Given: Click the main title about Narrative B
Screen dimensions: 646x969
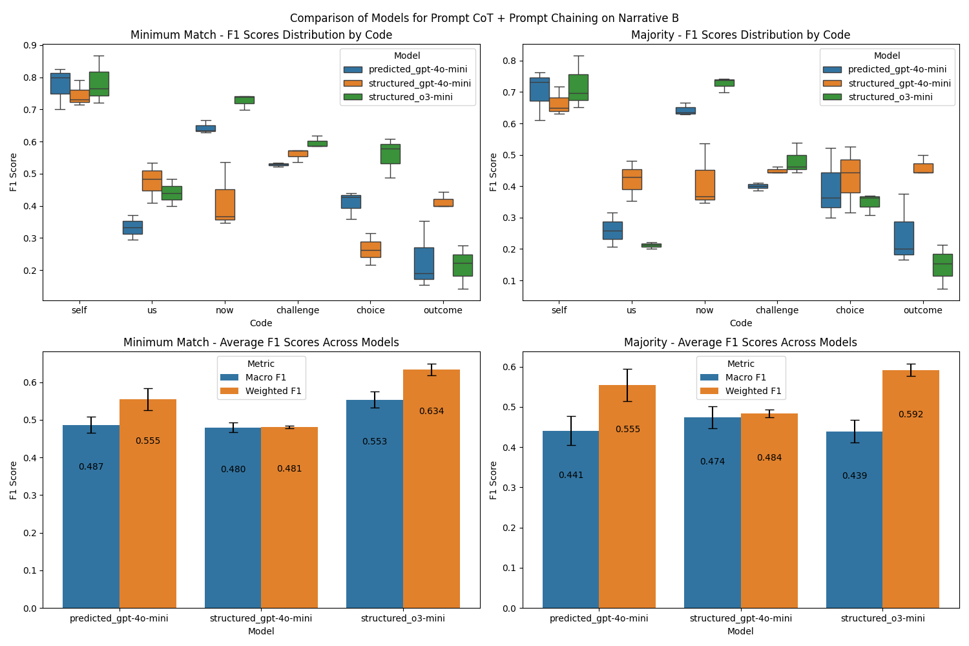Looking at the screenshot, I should coord(484,18).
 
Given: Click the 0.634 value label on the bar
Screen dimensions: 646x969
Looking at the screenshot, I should coord(431,412).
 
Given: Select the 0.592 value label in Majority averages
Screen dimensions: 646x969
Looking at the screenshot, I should coord(911,415).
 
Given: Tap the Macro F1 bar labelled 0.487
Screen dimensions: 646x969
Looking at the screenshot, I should coord(91,517).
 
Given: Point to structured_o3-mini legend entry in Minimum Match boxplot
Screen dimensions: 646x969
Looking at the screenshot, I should coord(410,98).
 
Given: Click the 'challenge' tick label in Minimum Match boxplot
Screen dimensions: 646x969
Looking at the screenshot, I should coord(298,310).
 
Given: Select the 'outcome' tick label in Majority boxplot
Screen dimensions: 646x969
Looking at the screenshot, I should coord(922,310).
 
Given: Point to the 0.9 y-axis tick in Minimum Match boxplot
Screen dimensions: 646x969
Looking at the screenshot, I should coord(29,45).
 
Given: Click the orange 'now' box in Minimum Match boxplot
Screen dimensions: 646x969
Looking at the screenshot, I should coord(225,204).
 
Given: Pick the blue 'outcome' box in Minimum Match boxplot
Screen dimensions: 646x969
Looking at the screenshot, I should coord(424,263).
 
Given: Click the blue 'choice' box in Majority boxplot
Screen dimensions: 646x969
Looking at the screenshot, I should coord(831,190).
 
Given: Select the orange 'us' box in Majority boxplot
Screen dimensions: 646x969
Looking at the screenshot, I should coord(632,179).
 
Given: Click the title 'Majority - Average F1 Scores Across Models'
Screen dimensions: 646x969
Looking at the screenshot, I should coord(740,342).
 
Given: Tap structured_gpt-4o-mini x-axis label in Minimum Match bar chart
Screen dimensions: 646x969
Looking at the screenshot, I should coord(261,618).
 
